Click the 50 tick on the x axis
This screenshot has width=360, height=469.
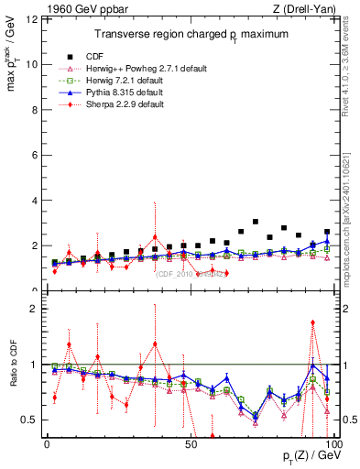tap(190, 443)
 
